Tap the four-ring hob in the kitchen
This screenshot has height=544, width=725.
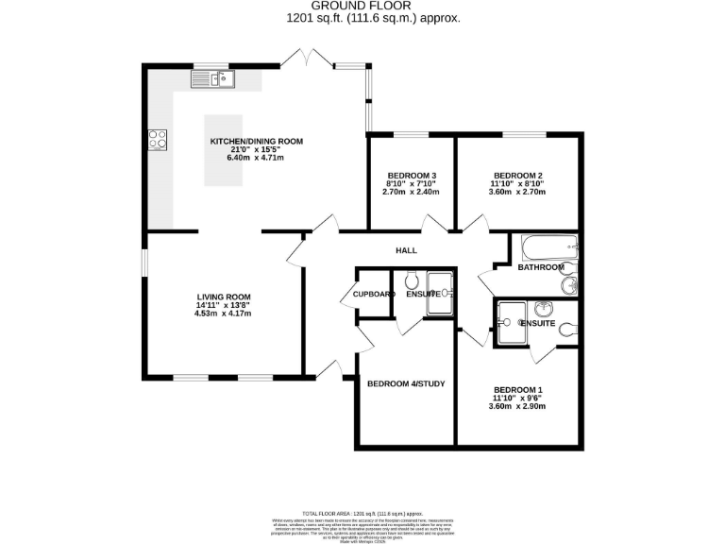(x=157, y=140)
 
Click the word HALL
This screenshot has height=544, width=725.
(x=406, y=250)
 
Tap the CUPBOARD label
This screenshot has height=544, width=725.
(x=374, y=295)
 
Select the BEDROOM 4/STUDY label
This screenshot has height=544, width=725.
(x=406, y=383)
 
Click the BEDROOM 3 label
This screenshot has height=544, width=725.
(x=412, y=176)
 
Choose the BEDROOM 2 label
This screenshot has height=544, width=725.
(x=517, y=176)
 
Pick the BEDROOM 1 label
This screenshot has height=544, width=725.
(x=517, y=390)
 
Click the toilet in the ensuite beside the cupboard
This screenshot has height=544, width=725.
(x=412, y=281)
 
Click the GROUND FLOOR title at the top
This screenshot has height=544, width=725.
(x=373, y=6)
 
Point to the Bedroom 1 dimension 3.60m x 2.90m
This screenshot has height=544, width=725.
(x=517, y=407)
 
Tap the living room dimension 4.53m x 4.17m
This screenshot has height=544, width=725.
(x=224, y=314)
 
